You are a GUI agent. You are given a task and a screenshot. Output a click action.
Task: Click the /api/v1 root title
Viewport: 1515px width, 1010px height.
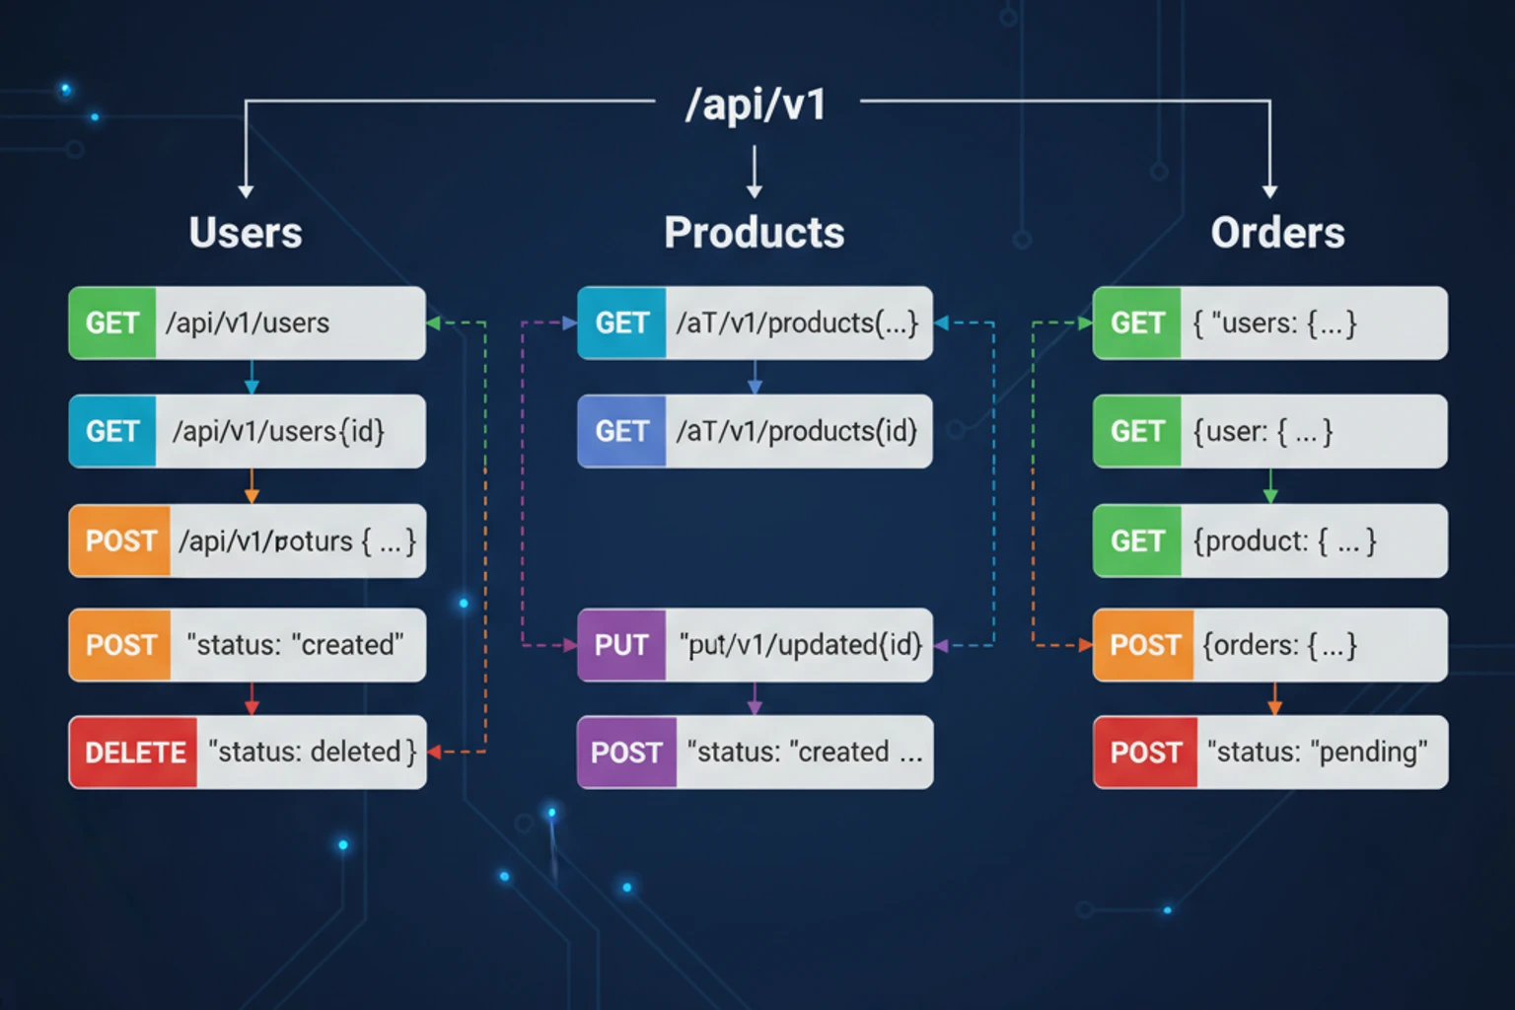756,105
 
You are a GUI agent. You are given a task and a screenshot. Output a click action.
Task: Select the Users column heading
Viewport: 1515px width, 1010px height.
246,233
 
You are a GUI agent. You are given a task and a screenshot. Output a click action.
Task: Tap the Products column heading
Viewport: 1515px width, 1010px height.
755,233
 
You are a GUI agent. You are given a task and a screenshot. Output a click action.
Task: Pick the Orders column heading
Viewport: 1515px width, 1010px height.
1277,233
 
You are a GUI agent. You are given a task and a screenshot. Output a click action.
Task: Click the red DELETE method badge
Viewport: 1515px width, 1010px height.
134,753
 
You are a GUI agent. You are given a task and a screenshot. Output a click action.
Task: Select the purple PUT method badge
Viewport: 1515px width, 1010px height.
621,645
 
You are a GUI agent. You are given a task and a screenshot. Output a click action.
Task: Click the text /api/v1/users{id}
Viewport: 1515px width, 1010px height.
278,431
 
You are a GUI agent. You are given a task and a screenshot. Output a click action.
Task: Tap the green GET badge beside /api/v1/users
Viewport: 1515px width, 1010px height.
112,324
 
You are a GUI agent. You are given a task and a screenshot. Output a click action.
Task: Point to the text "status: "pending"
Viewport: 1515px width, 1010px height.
1317,753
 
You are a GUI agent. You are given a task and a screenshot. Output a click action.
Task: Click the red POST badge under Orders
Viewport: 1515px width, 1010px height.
1145,753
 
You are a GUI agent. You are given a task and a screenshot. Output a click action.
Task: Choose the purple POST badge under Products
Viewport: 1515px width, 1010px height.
626,753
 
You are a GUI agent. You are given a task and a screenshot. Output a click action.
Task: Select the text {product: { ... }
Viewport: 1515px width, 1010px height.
1284,541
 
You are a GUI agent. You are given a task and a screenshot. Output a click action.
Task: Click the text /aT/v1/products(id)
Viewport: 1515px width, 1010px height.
796,431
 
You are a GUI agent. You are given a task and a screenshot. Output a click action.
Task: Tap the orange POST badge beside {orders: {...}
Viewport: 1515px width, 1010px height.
1144,645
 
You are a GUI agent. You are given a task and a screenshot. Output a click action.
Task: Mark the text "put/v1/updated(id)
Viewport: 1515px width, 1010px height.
800,645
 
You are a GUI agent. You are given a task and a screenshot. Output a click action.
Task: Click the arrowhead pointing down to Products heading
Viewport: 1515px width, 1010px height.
755,191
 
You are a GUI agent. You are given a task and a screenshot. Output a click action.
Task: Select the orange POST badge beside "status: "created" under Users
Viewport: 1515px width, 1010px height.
120,645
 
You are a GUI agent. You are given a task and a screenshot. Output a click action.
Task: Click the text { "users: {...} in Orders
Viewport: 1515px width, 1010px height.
1274,324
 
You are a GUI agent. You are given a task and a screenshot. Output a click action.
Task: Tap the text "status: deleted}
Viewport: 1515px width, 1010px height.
312,753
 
